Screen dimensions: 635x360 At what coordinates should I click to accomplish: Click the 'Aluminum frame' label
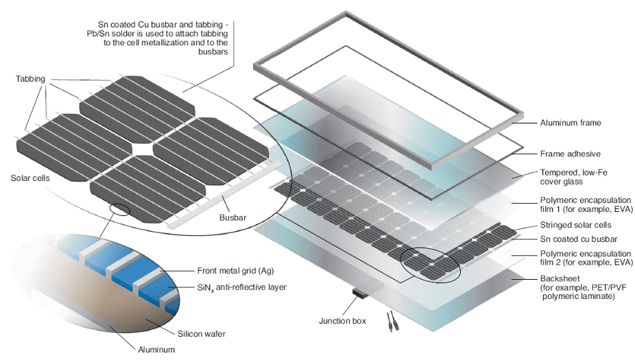[x=571, y=123]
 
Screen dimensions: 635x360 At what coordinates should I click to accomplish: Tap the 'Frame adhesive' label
[x=571, y=154]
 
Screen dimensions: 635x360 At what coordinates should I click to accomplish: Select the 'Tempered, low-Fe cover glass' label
[x=573, y=177]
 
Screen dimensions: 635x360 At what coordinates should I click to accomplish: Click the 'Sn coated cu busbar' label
[x=579, y=239]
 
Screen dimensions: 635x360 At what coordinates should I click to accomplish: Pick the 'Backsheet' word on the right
[x=560, y=278]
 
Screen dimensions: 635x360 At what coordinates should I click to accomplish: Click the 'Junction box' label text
[x=342, y=321]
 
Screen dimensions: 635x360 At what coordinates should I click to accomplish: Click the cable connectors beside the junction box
[x=390, y=322]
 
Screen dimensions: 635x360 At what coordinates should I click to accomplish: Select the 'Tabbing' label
[x=30, y=79]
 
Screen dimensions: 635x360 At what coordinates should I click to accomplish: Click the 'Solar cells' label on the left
[x=30, y=178]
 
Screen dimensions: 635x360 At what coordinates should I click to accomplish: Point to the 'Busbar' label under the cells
[x=232, y=217]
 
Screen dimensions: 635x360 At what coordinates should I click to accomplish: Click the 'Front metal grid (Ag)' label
[x=235, y=270]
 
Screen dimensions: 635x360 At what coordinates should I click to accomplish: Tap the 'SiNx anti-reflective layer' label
[x=242, y=287]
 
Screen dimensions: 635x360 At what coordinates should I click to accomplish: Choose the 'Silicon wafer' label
[x=202, y=334]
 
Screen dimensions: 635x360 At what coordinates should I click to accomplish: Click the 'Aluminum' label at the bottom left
[x=156, y=350]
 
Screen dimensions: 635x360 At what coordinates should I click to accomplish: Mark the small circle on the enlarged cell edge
[x=120, y=210]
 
